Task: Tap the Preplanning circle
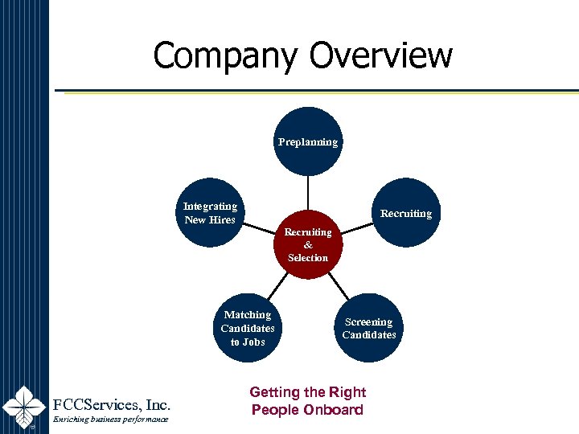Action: [308, 141]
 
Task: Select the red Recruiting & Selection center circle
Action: [308, 244]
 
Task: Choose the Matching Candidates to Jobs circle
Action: [248, 328]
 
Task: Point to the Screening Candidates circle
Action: [369, 328]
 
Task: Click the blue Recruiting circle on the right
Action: [406, 213]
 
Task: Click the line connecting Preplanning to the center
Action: [308, 193]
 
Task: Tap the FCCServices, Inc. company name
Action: [111, 403]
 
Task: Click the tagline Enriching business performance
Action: [110, 420]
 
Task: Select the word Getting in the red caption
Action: [275, 392]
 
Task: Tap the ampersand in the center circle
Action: [308, 245]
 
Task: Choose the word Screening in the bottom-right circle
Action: [369, 322]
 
